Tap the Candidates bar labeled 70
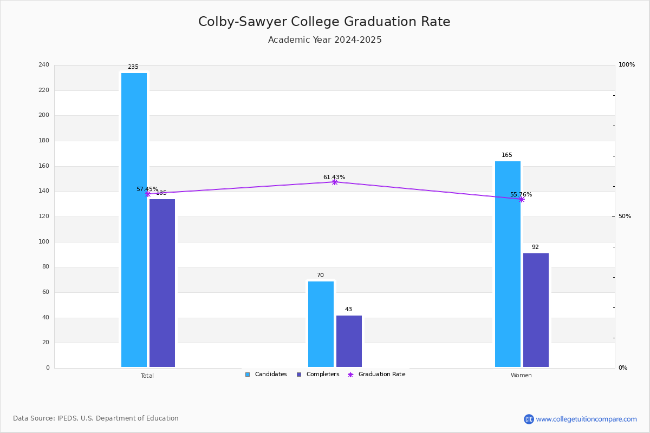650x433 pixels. pos(321,324)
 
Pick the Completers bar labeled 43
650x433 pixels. pos(349,341)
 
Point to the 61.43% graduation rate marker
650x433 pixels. pos(334,182)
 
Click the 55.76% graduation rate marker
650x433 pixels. pos(521,199)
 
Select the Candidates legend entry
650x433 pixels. pos(266,375)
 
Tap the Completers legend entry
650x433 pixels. pos(318,375)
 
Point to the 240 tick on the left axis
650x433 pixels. pos(44,65)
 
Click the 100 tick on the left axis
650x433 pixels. pos(44,242)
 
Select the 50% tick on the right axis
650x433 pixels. pos(625,216)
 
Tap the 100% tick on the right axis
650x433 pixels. pos(626,65)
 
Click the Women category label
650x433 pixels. pos(521,376)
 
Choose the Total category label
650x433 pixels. pos(147,376)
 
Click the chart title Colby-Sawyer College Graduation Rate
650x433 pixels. pos(324,22)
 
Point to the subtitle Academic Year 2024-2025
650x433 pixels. pos(324,40)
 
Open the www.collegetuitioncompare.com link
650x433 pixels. pos(586,419)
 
